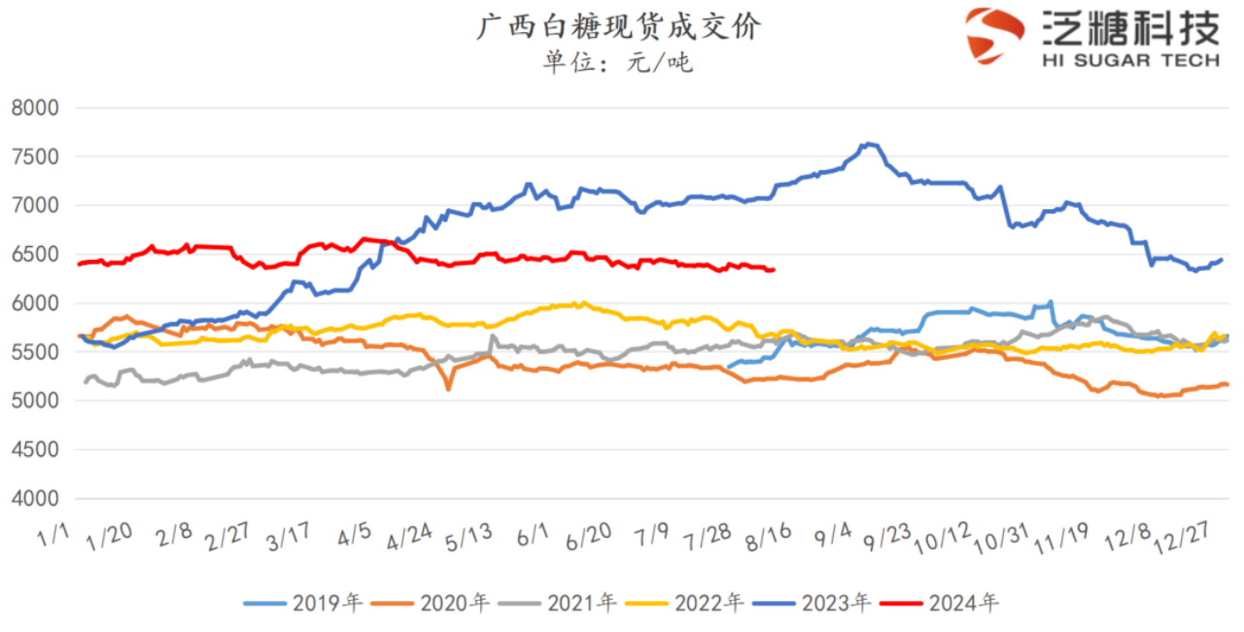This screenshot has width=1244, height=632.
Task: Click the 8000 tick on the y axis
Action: click(35, 108)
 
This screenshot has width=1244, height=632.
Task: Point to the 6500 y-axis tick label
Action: click(35, 255)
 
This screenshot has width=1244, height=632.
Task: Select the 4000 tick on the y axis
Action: click(35, 499)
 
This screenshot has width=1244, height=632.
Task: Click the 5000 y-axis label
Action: click(35, 401)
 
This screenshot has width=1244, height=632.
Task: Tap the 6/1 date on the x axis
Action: click(533, 535)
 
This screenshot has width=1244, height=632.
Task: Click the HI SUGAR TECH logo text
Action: click(1130, 60)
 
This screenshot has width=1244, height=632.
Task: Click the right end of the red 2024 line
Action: click(773, 269)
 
